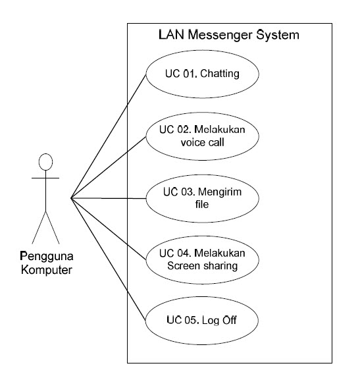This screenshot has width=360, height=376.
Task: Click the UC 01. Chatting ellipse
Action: (x=201, y=74)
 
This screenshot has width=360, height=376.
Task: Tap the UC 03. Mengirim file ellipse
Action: (x=201, y=197)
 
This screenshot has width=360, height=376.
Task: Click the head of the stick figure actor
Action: (x=45, y=162)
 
